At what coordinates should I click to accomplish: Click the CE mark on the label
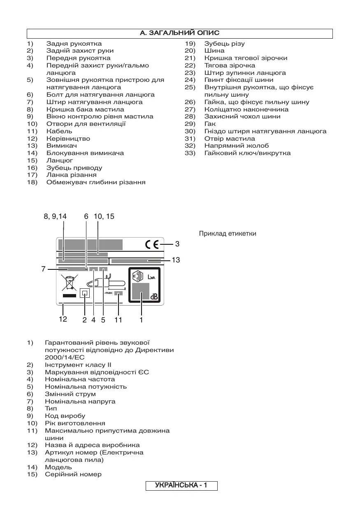pyautogui.click(x=152, y=244)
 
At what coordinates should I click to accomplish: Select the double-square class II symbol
pyautogui.click(x=85, y=293)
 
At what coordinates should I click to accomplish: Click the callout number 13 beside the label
pyautogui.click(x=176, y=260)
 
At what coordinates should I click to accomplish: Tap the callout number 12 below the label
pyautogui.click(x=63, y=319)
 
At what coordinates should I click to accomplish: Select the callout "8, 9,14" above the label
pyautogui.click(x=55, y=216)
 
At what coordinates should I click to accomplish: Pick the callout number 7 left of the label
pyautogui.click(x=43, y=269)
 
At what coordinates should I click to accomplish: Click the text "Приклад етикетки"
pyautogui.click(x=228, y=234)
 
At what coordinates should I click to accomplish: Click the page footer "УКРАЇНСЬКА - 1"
pyautogui.click(x=181, y=486)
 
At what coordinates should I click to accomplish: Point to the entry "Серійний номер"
pyautogui.click(x=73, y=474)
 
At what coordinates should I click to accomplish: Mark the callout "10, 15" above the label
pyautogui.click(x=104, y=216)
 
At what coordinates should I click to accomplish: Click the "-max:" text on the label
pyautogui.click(x=108, y=293)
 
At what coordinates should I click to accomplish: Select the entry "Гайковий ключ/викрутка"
pyautogui.click(x=247, y=153)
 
